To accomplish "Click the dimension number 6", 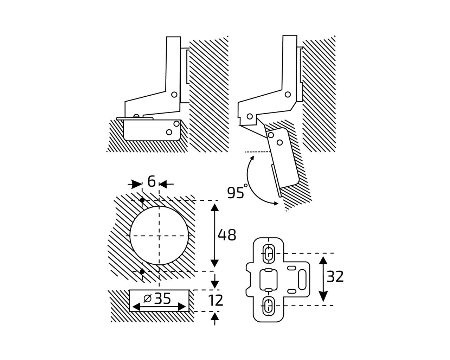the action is click(x=152, y=181).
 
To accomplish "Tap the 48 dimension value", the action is click(x=227, y=235).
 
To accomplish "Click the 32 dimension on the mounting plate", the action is click(x=335, y=277).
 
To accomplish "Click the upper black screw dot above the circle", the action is click(x=142, y=200).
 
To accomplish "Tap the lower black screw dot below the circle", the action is click(x=142, y=271).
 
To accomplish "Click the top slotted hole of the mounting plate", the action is click(x=268, y=253).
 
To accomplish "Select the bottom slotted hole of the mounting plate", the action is click(x=268, y=306).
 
